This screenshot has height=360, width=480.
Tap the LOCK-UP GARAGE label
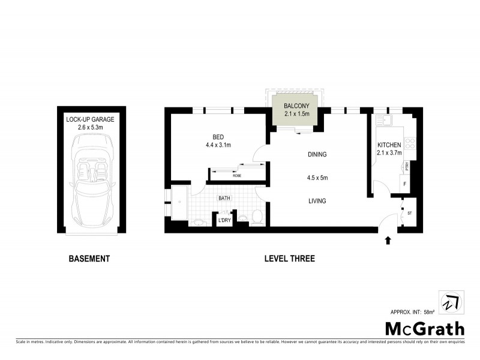click(x=90, y=119)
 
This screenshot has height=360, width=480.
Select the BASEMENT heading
click(x=89, y=259)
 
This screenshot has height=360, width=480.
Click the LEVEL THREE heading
click(x=290, y=259)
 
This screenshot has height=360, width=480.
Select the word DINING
click(x=317, y=155)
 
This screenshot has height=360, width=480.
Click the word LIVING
click(x=317, y=201)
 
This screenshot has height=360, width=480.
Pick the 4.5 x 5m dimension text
click(x=317, y=178)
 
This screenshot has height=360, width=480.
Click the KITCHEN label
click(x=389, y=145)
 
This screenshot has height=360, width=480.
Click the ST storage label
click(x=410, y=212)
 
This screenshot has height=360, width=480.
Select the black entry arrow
click(x=388, y=241)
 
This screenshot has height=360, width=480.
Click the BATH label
click(x=224, y=197)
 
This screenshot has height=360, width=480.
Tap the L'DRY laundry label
click(x=224, y=221)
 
